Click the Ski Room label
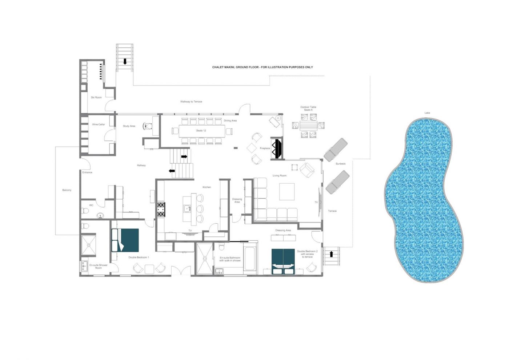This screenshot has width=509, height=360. (96, 97)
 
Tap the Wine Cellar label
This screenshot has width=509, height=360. (99, 124)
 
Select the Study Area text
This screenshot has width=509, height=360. (129, 126)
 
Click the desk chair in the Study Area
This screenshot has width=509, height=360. (148, 126)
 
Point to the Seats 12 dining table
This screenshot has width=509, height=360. (202, 131)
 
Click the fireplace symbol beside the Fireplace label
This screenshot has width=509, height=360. (277, 149)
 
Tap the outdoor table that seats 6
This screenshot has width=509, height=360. (308, 125)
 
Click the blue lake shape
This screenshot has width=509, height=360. (424, 200)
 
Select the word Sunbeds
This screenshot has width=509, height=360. (340, 164)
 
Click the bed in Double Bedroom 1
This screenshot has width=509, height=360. (125, 240)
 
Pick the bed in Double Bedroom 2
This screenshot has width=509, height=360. (283, 261)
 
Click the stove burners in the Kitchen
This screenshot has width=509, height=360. (161, 209)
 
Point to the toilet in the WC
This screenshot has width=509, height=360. (85, 211)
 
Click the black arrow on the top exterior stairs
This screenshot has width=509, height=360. (125, 61)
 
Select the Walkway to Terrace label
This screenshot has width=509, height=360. (191, 101)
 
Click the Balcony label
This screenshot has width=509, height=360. (67, 190)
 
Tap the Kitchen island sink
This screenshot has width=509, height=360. (187, 208)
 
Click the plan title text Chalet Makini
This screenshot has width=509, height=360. (224, 67)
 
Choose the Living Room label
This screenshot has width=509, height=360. (280, 175)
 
